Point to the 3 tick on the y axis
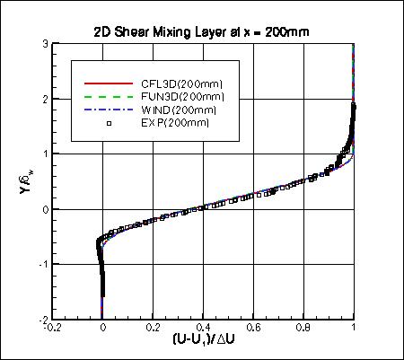pyautogui.click(x=44, y=44)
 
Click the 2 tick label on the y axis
pyautogui.click(x=44, y=99)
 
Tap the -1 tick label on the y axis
pyautogui.click(x=41, y=264)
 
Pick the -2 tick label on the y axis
pyautogui.click(x=41, y=319)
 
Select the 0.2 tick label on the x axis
pyautogui.click(x=153, y=329)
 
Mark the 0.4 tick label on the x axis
pyautogui.click(x=203, y=329)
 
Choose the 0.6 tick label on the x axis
pyautogui.click(x=253, y=329)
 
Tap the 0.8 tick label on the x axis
pyautogui.click(x=303, y=329)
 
